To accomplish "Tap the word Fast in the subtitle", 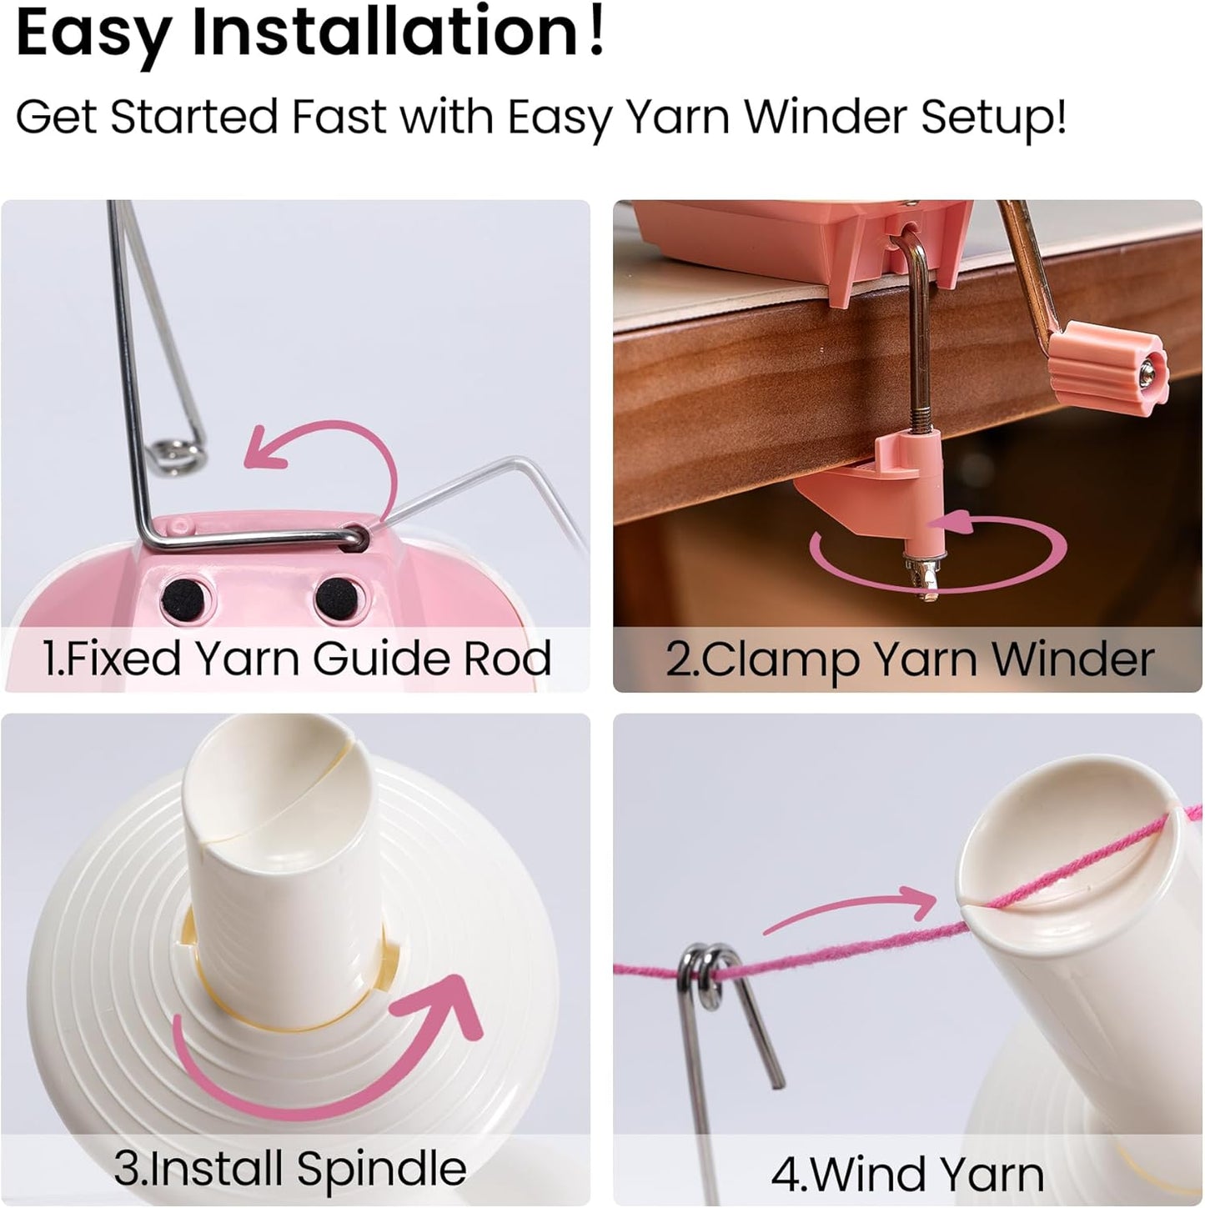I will click(x=339, y=116).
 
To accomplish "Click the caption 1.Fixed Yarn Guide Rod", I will click(x=297, y=659).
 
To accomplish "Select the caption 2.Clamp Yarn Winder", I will click(x=909, y=659).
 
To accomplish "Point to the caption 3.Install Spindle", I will click(x=289, y=1167).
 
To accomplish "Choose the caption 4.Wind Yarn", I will click(x=907, y=1174).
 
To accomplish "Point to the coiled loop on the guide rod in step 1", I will click(x=175, y=454).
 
